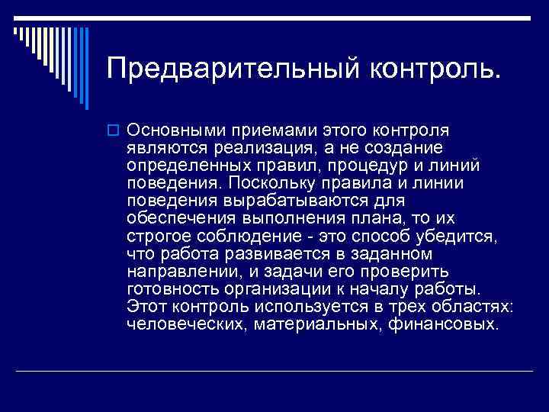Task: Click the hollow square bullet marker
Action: [116, 130]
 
